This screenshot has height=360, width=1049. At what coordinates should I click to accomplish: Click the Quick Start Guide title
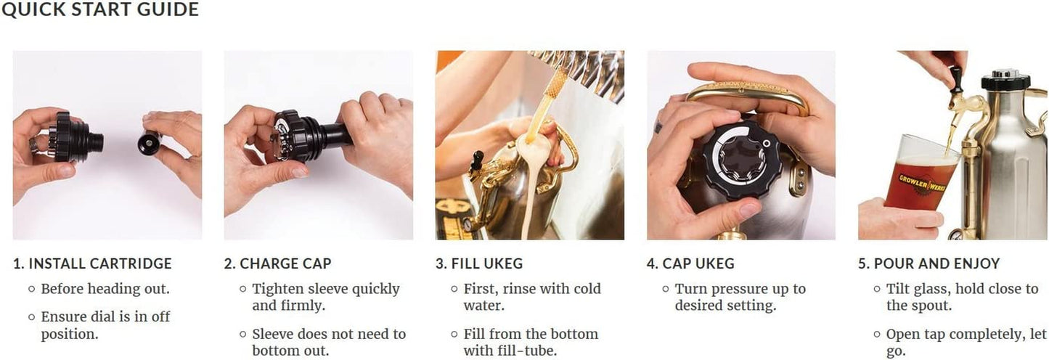[x=100, y=9]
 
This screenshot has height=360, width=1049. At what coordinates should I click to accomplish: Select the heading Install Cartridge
[x=93, y=263]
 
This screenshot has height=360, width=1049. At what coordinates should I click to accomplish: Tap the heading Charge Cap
[x=278, y=263]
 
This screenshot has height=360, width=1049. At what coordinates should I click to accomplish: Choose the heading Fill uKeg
[x=479, y=263]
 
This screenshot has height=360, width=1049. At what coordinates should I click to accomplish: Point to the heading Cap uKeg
[x=691, y=263]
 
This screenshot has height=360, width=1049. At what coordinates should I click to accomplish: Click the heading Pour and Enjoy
[x=929, y=263]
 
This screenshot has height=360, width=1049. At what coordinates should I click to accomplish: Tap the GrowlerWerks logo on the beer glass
[x=922, y=183]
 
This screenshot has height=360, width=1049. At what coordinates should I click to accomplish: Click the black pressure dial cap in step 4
[x=742, y=163]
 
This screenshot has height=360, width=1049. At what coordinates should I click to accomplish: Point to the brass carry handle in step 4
[x=748, y=94]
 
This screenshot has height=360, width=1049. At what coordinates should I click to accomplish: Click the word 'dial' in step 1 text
[x=110, y=316]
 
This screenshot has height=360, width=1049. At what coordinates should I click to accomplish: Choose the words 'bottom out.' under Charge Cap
[x=290, y=350]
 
